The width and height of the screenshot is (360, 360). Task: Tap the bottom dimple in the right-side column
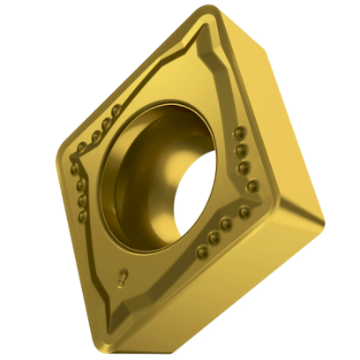[x=252, y=186]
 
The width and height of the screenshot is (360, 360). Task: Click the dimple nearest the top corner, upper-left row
[x=116, y=110]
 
